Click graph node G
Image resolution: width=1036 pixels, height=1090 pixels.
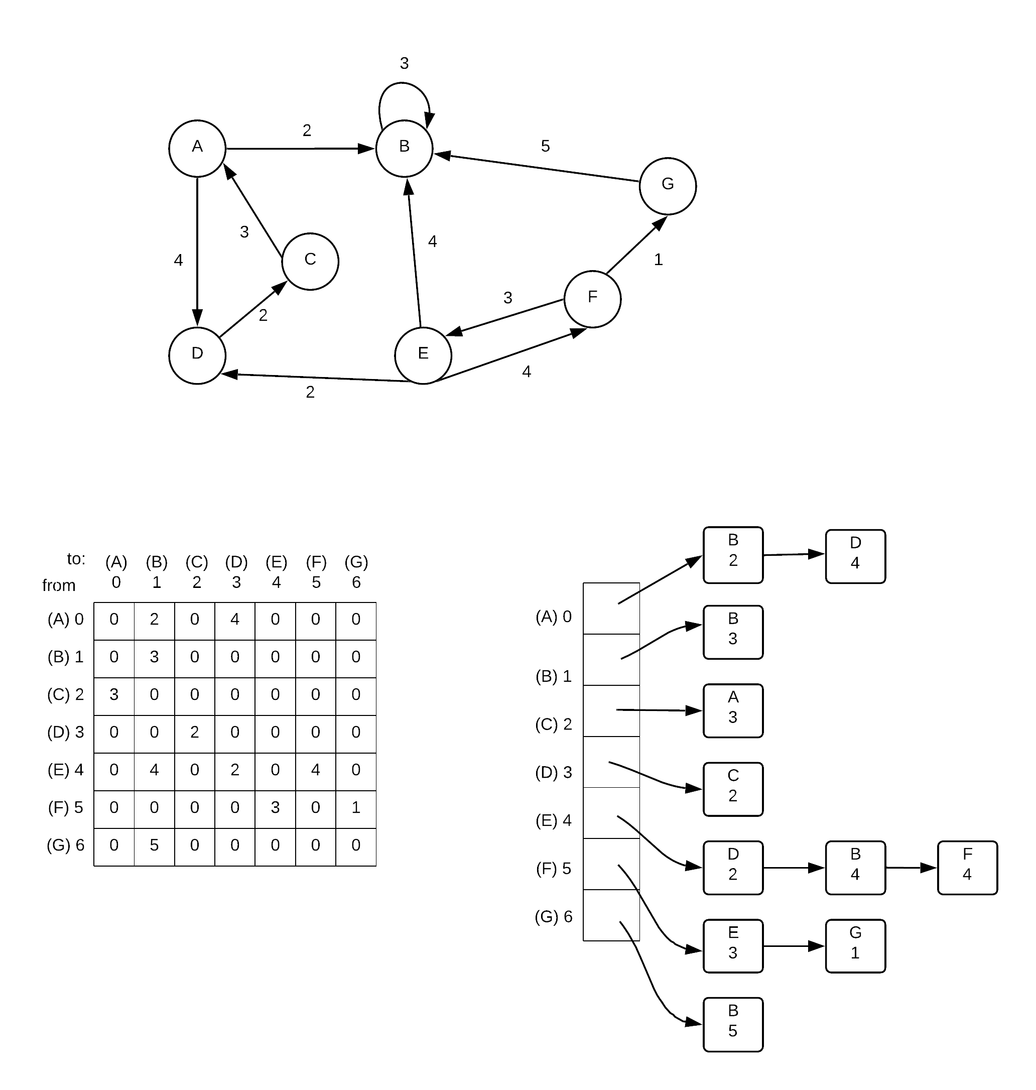tap(668, 186)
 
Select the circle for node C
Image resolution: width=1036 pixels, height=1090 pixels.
tap(310, 261)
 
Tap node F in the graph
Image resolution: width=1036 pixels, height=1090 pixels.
tap(593, 299)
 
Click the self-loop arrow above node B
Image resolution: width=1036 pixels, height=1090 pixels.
tap(403, 84)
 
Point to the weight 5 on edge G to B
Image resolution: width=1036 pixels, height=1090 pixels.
tap(545, 146)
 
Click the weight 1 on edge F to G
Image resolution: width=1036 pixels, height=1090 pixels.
tap(658, 259)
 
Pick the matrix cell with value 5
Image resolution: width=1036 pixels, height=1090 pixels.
tap(154, 845)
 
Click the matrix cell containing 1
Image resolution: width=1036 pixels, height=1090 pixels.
tap(356, 808)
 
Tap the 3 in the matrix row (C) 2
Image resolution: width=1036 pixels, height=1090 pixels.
tap(114, 694)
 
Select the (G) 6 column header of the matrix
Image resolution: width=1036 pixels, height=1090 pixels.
tap(356, 572)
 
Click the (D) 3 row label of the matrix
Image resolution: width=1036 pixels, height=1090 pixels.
tap(66, 732)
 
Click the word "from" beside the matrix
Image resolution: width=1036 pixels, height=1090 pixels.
tap(59, 585)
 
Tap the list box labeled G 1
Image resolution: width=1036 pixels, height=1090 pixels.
tap(855, 946)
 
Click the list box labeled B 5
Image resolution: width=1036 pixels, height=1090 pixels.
tap(733, 1024)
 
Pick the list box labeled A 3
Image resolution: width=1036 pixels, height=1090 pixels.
tap(733, 711)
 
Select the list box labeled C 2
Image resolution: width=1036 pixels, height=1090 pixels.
tap(733, 789)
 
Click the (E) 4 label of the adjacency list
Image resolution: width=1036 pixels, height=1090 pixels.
tap(553, 820)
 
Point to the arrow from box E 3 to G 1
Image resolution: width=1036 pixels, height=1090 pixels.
tap(794, 946)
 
